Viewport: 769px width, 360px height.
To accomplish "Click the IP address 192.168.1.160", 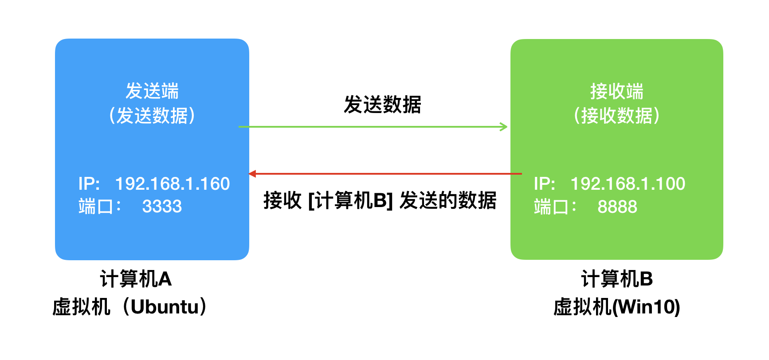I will pyautogui.click(x=173, y=184).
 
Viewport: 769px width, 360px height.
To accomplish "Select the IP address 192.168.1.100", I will pyautogui.click(x=628, y=184).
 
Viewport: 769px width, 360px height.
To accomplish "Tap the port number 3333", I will pyautogui.click(x=162, y=206).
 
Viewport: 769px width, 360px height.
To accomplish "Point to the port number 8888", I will pyautogui.click(x=617, y=207).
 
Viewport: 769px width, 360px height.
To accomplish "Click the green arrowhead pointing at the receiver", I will pyautogui.click(x=504, y=127).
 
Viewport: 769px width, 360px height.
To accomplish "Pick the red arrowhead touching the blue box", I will pyautogui.click(x=252, y=174).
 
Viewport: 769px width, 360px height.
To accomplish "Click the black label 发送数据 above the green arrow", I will pyautogui.click(x=382, y=105).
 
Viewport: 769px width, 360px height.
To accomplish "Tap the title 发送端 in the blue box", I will pyautogui.click(x=152, y=91).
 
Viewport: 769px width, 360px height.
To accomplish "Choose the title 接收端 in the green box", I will pyautogui.click(x=616, y=91).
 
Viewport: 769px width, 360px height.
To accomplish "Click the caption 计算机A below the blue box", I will pyautogui.click(x=136, y=279).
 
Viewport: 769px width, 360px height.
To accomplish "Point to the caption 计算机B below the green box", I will pyautogui.click(x=617, y=279).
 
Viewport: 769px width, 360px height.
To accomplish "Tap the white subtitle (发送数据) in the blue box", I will pyautogui.click(x=152, y=116).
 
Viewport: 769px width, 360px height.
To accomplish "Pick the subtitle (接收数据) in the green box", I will pyautogui.click(x=616, y=116).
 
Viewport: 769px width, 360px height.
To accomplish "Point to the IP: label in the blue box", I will pyautogui.click(x=89, y=184).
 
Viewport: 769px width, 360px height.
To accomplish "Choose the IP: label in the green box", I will pyautogui.click(x=545, y=184).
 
